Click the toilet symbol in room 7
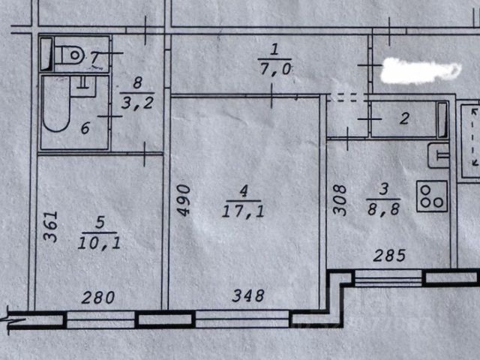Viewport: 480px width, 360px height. [70, 54]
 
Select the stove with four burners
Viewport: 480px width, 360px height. [432, 196]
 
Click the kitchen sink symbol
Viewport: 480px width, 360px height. [438, 156]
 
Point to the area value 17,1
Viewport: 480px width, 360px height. [241, 213]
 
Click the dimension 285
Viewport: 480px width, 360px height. [388, 256]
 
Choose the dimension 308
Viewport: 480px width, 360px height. [340, 200]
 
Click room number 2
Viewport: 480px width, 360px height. [403, 118]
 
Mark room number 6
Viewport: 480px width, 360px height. [85, 129]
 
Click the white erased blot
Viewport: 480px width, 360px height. [420, 70]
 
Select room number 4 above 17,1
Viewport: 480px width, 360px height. [241, 194]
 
